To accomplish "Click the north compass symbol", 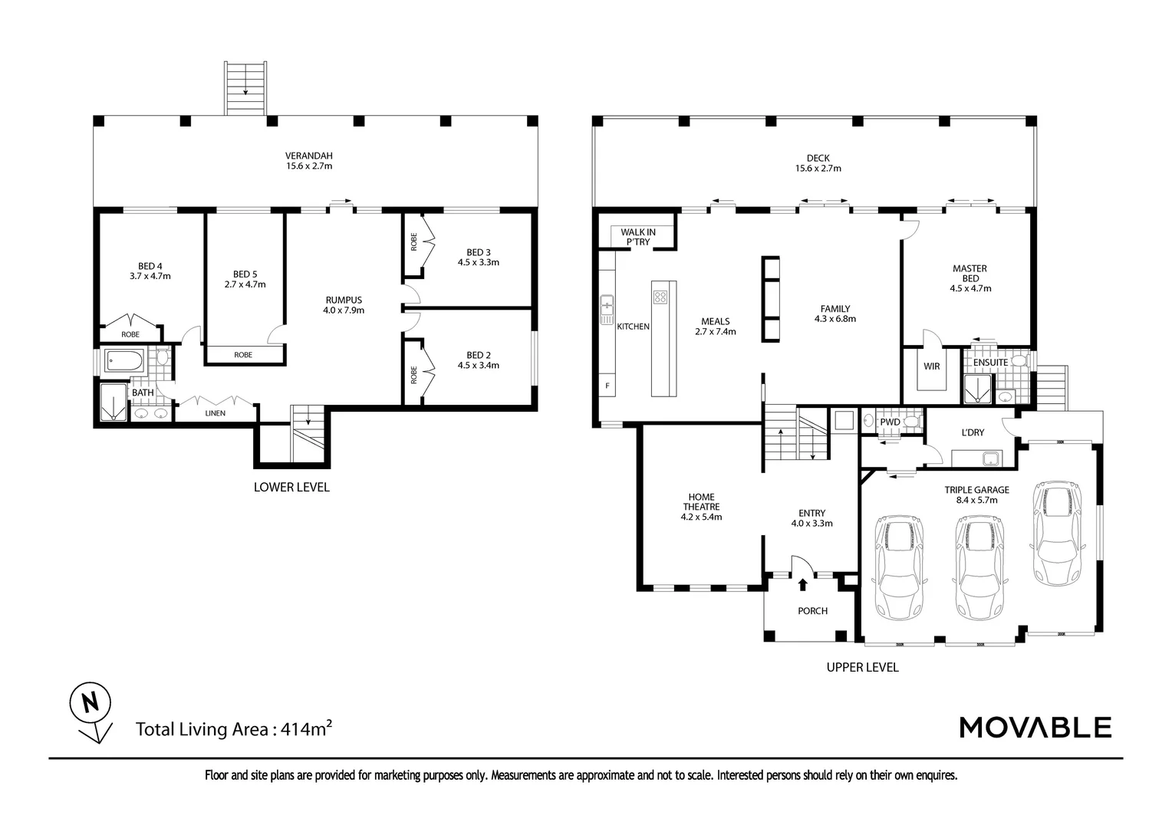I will tap(91, 702).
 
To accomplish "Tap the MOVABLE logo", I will tap(1035, 727).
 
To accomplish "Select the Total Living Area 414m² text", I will tap(233, 728).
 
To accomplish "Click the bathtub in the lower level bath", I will tap(123, 360).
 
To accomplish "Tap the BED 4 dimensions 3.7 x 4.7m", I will tap(150, 276).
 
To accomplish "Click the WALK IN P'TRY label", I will tap(637, 236).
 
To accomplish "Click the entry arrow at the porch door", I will tap(803, 585).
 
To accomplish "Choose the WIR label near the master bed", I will tap(931, 366).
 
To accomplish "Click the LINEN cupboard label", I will tap(216, 414).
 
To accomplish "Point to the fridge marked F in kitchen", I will tap(607, 386).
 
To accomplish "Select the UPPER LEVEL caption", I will tap(862, 667).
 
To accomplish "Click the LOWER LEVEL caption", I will tap(291, 487).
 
